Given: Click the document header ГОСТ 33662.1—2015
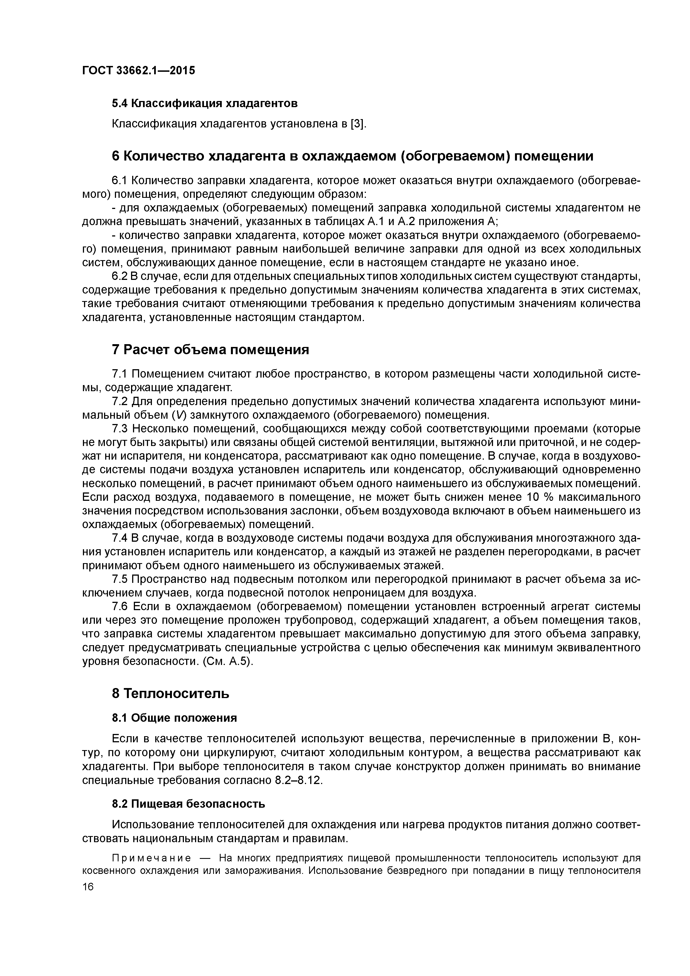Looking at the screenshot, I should [139, 71].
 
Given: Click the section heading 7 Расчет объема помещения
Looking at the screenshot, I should [210, 349].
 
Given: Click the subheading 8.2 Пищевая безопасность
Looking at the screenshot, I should [188, 804].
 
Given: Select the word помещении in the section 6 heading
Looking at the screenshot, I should [555, 156].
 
